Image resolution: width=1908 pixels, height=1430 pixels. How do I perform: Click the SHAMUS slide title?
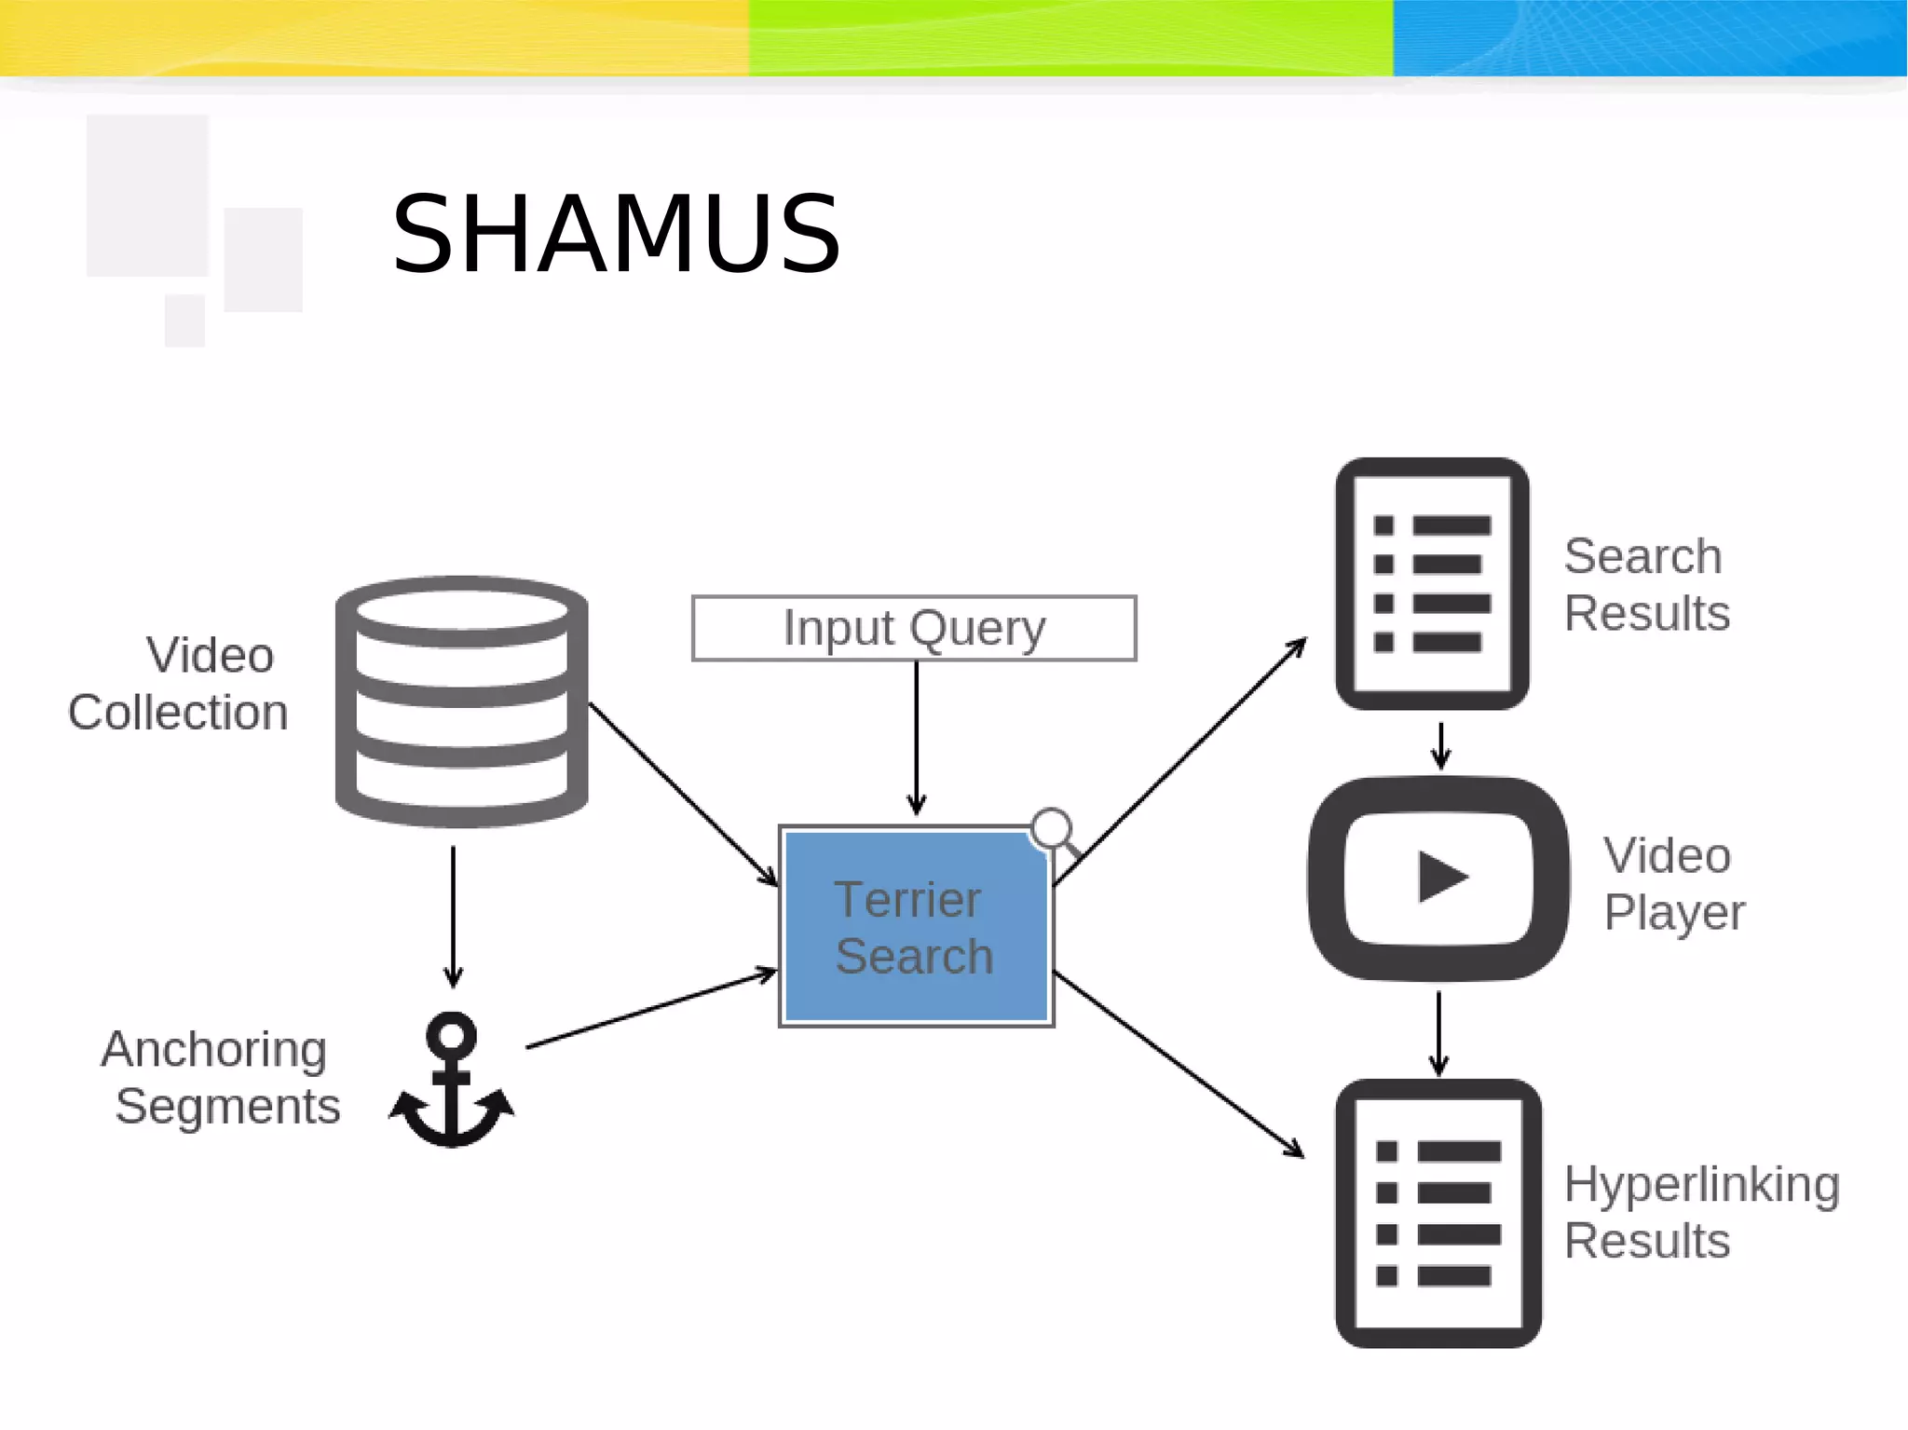(x=616, y=235)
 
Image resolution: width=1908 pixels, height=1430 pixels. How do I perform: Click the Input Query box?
(x=914, y=628)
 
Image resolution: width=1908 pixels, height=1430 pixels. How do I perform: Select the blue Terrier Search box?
(x=916, y=928)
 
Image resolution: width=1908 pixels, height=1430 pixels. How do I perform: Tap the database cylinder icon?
(x=462, y=701)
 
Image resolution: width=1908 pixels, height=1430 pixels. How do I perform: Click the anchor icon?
(x=452, y=1081)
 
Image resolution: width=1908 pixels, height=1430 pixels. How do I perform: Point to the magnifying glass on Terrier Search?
(x=1054, y=829)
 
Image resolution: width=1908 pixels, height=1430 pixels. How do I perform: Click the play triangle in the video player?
(x=1440, y=877)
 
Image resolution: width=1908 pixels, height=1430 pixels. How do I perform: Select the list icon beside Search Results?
(x=1432, y=583)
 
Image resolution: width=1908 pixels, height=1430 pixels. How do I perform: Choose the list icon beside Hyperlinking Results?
(x=1438, y=1213)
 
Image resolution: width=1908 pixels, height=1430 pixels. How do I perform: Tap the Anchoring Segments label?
(x=220, y=1078)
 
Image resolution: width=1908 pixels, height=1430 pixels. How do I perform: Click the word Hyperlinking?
(x=1701, y=1185)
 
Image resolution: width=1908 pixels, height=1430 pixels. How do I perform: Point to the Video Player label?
(x=1673, y=883)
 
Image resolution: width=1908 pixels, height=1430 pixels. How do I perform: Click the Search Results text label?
(x=1645, y=584)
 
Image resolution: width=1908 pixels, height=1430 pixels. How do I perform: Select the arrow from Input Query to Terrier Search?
(x=917, y=736)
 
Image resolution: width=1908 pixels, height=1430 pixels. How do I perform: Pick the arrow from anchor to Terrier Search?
(x=652, y=1009)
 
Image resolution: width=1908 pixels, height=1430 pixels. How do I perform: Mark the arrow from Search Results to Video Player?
(x=1441, y=744)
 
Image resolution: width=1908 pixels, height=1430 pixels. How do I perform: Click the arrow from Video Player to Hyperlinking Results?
(x=1439, y=1032)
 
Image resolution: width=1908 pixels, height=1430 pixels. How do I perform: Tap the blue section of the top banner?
(x=1649, y=37)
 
